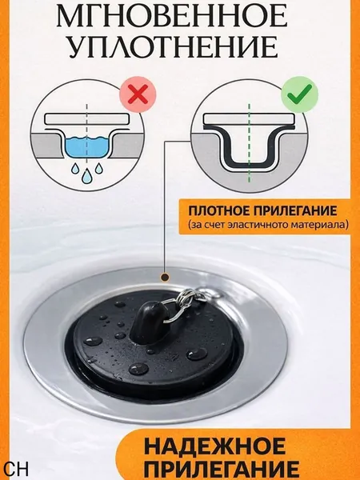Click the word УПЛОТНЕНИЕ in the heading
[x=173, y=47]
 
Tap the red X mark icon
[x=138, y=94]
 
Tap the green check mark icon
[x=299, y=94]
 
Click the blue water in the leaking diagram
[x=86, y=147]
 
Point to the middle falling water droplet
[x=86, y=176]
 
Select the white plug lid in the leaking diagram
[x=86, y=119]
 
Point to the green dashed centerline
[x=249, y=142]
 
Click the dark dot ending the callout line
[x=165, y=278]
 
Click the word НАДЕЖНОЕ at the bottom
[x=214, y=446]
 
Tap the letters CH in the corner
[x=17, y=468]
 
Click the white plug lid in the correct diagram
[x=249, y=119]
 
